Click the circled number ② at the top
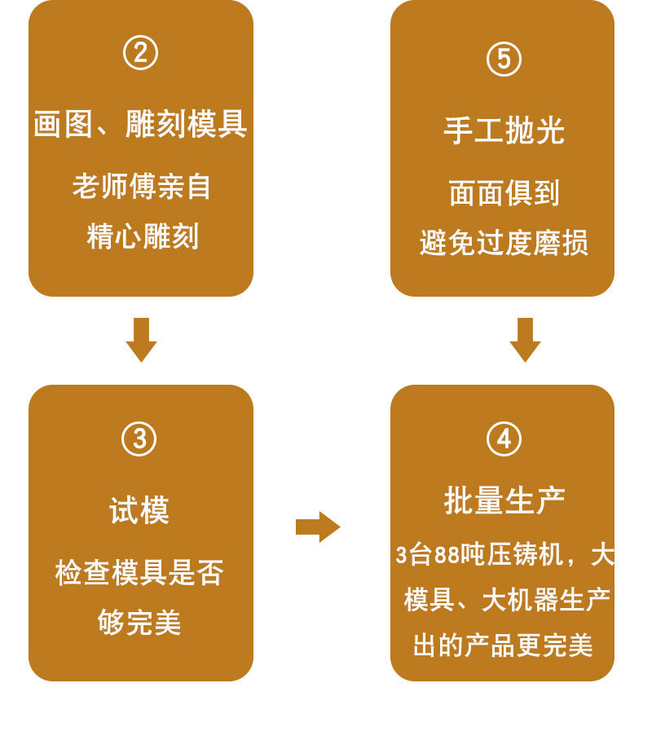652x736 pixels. [x=140, y=54]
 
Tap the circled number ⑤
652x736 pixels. [x=503, y=59]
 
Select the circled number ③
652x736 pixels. [x=139, y=439]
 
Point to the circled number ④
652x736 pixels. [x=504, y=439]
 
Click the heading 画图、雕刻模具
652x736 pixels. [x=140, y=125]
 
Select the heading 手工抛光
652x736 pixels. [x=504, y=130]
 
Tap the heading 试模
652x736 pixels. [x=139, y=511]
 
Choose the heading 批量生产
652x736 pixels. [x=504, y=500]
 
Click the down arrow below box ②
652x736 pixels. [x=141, y=339]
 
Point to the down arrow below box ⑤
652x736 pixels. [x=525, y=339]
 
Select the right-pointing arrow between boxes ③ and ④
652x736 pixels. [x=318, y=527]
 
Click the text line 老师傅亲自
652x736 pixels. [x=141, y=187]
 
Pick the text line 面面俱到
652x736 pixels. [x=504, y=193]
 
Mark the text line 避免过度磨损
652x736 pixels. [x=504, y=243]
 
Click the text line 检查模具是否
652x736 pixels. [x=139, y=572]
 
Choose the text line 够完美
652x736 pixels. [x=139, y=623]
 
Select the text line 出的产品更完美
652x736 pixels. [x=503, y=646]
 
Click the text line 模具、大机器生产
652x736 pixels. [x=507, y=600]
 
